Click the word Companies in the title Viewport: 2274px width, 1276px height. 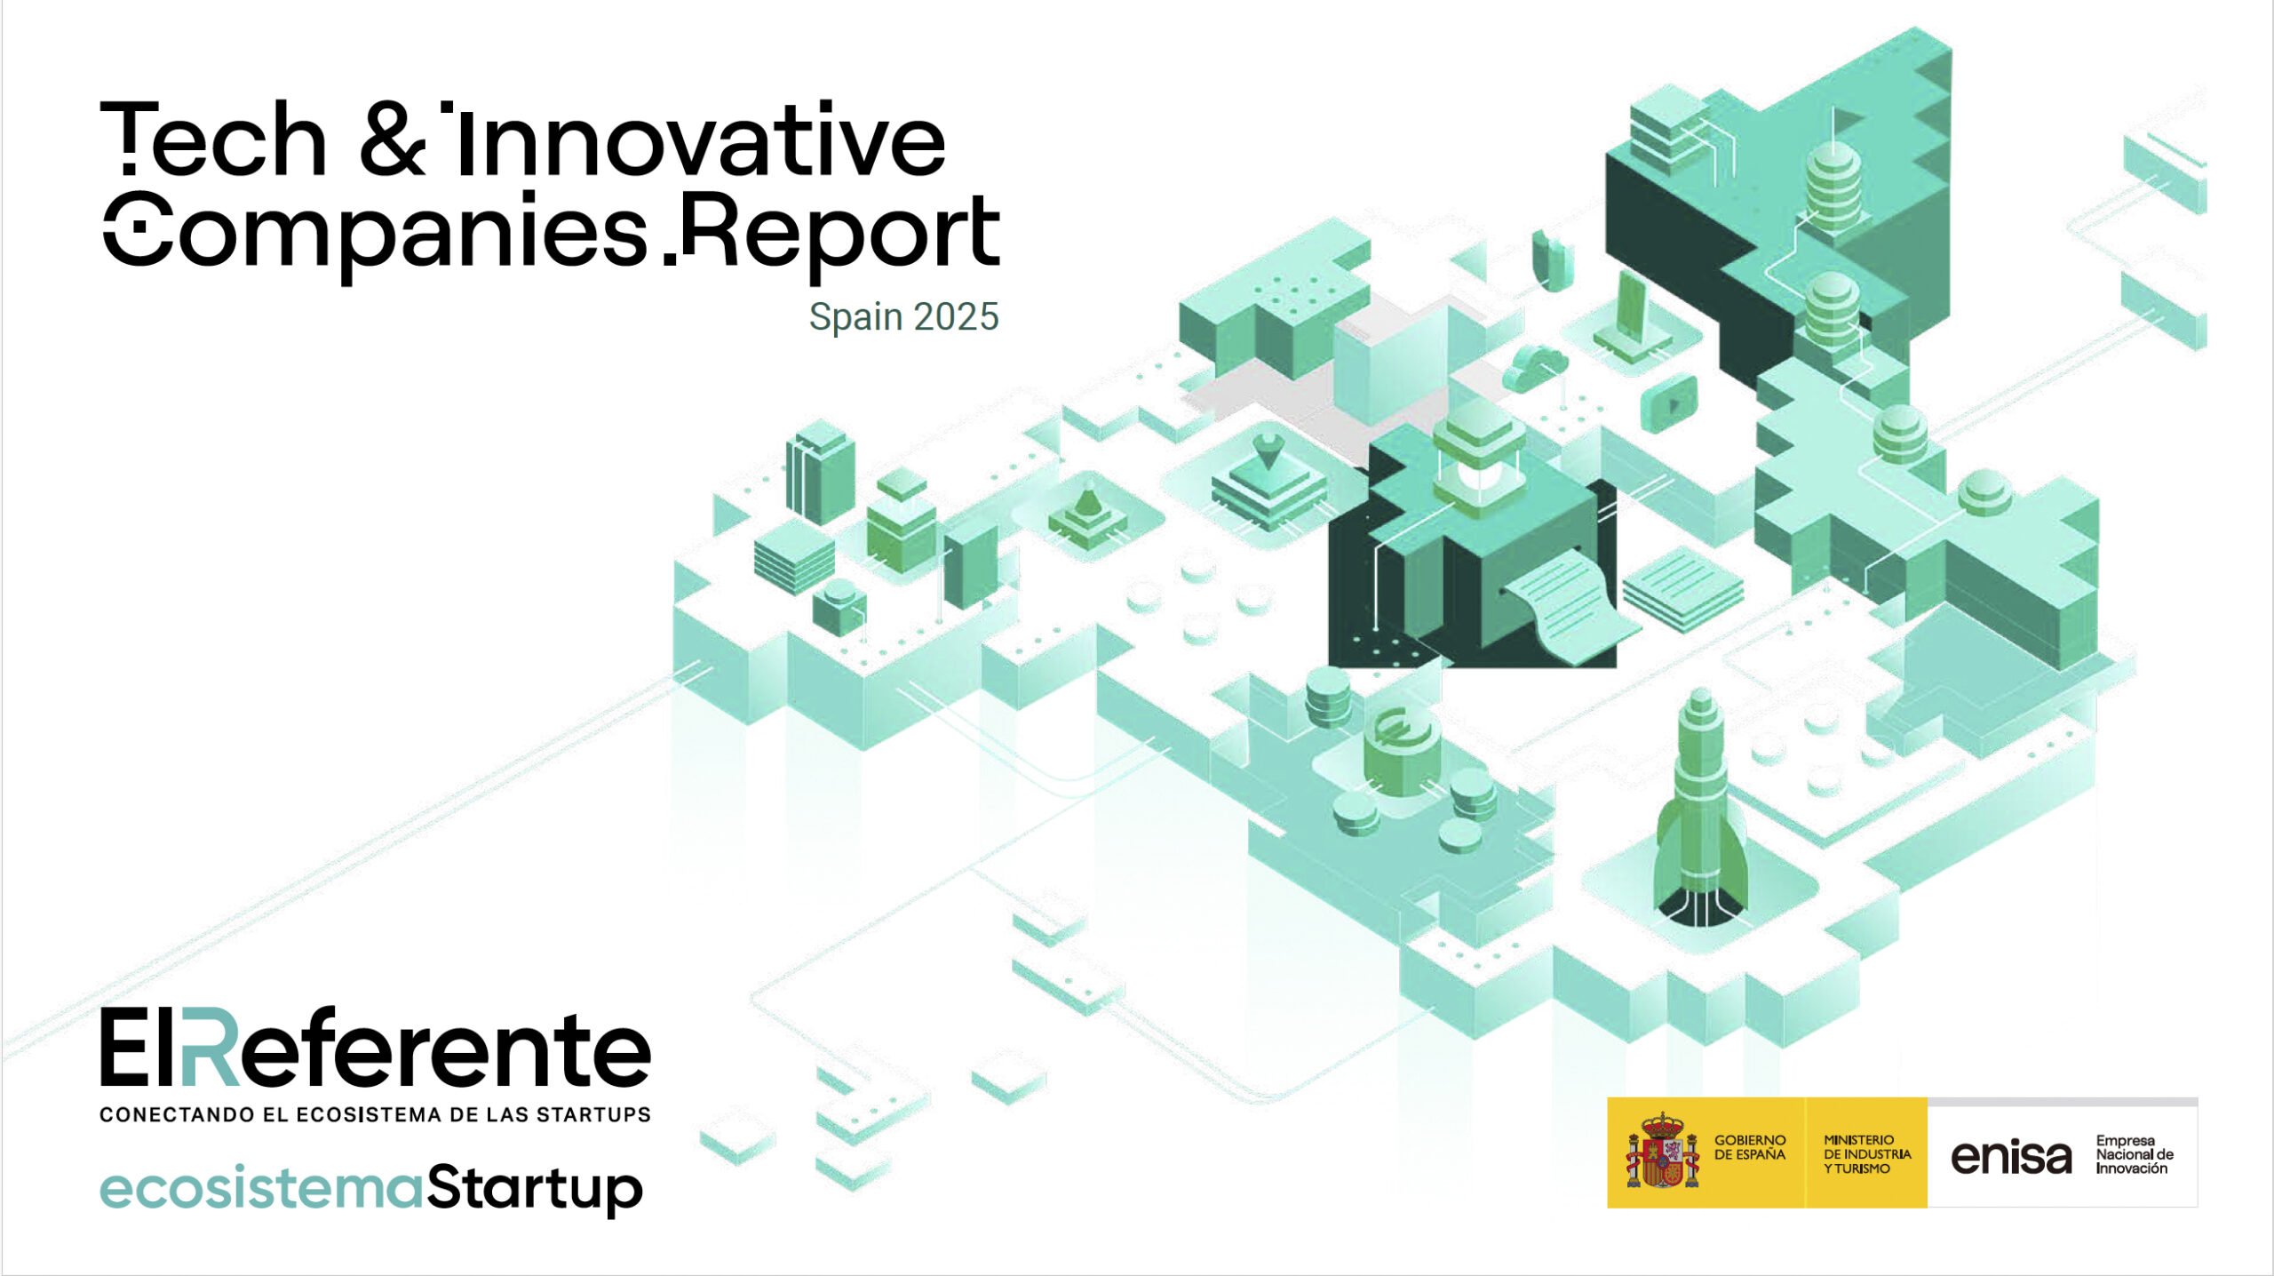[376, 233]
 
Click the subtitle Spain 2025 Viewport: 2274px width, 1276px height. [903, 317]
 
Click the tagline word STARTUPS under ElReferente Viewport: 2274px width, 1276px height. [592, 1114]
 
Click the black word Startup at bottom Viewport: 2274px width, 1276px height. [535, 1188]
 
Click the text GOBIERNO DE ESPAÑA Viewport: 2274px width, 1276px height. [1750, 1146]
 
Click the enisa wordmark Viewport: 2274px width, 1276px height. [2011, 1156]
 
